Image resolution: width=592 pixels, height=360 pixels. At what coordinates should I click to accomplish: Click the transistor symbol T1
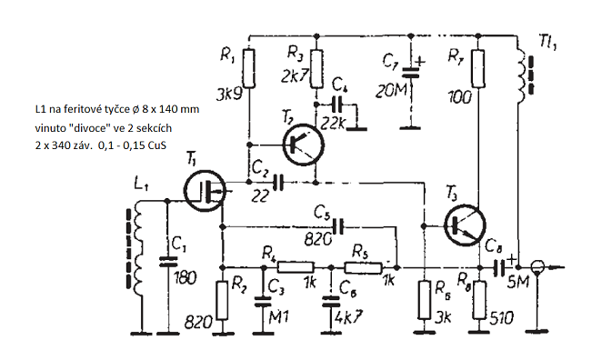point(205,191)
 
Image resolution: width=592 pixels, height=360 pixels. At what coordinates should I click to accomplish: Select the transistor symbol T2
point(304,145)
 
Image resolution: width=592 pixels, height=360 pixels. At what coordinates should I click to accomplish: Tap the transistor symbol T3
point(465,225)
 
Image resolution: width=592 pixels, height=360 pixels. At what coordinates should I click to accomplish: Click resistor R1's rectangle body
point(249,68)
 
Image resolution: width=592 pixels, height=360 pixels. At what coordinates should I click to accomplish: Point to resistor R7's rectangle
point(478,68)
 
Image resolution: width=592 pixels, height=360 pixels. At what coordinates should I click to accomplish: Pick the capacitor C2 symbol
point(279,182)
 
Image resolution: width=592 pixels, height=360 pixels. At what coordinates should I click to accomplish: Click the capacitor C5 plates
point(338,226)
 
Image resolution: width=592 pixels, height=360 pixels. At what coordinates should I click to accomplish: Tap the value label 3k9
point(229,95)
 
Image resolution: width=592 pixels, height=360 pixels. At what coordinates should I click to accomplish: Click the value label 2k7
point(296,76)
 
